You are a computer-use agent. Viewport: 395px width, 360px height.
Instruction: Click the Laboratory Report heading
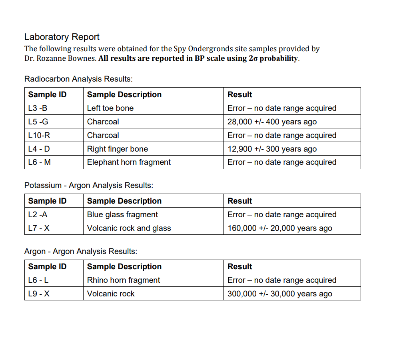point(62,37)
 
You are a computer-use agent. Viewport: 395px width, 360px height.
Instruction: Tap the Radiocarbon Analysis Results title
point(78,79)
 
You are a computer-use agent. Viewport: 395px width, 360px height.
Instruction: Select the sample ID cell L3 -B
point(38,108)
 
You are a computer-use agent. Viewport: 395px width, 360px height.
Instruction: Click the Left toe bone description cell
point(110,108)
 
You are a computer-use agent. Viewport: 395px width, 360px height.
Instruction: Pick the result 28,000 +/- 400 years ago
point(272,122)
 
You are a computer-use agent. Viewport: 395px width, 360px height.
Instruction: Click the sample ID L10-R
point(39,135)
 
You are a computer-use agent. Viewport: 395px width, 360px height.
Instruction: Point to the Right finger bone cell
point(118,149)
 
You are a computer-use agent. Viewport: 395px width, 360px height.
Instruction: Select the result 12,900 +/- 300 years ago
point(272,149)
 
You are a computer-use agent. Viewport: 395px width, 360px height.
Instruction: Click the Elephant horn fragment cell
point(129,162)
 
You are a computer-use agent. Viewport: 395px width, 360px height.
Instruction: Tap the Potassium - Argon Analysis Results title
point(89,185)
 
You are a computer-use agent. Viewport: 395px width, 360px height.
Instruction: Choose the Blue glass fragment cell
point(122,214)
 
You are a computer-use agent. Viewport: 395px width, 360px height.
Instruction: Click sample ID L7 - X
point(39,228)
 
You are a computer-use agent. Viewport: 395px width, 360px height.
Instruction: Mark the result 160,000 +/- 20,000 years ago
point(279,228)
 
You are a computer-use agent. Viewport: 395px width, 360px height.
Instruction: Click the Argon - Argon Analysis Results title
point(81,251)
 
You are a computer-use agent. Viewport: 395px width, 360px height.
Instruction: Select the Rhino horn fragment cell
point(124,280)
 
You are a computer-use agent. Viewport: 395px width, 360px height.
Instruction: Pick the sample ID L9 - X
point(39,294)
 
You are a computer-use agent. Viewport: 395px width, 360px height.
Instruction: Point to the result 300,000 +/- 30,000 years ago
point(279,294)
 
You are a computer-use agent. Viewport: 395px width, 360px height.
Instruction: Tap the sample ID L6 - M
point(40,162)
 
